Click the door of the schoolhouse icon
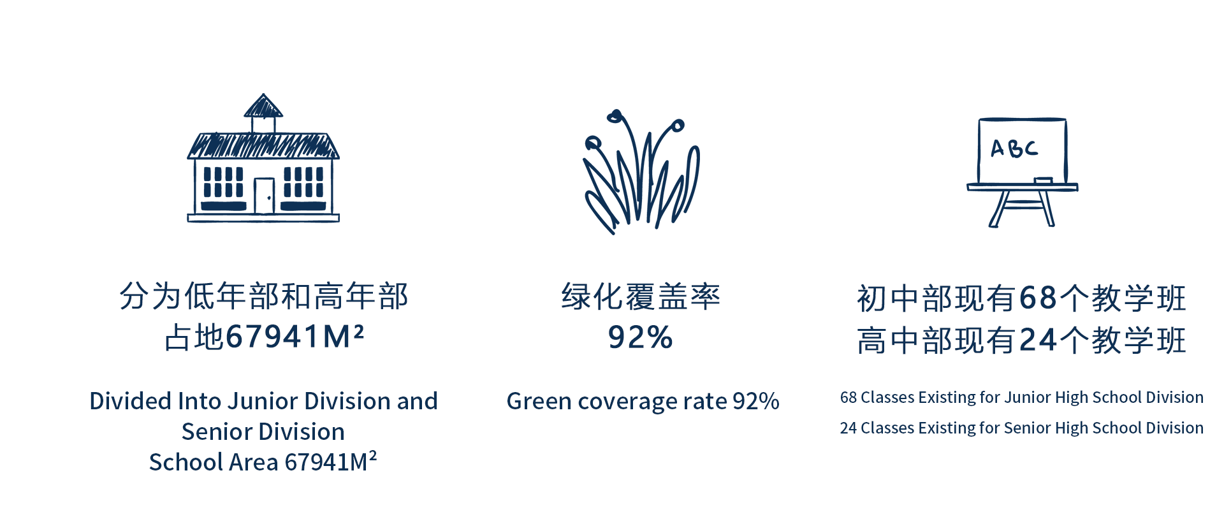264,196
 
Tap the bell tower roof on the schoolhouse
263,106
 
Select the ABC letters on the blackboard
1014,149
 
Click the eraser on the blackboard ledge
1043,180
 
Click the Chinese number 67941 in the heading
273,337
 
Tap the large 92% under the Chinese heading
640,337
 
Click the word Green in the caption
539,402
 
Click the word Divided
131,401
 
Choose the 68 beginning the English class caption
849,398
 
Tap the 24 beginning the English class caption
849,428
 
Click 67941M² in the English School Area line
331,462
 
